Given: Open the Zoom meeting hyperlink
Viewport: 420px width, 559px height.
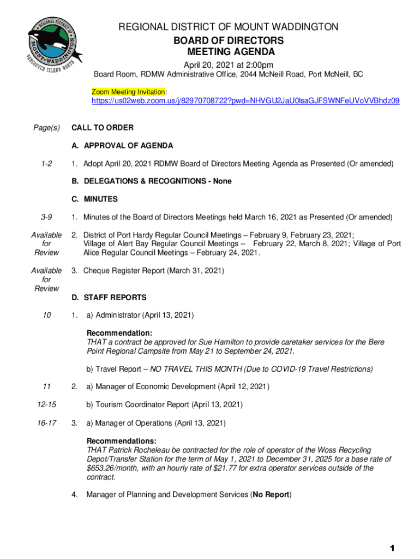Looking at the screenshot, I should pos(245,101).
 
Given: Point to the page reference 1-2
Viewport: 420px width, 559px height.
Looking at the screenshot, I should pos(46,164).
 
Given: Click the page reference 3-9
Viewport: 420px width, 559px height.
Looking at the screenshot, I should pos(46,217).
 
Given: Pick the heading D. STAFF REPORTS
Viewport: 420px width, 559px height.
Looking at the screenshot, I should pos(109,298).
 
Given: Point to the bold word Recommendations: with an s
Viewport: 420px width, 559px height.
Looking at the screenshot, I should pos(122,441).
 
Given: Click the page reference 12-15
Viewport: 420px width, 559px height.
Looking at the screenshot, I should pos(46,405).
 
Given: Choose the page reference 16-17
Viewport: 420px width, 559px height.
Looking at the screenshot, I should pos(46,423).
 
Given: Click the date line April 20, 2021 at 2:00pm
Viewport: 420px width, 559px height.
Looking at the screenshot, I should pos(228,64).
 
